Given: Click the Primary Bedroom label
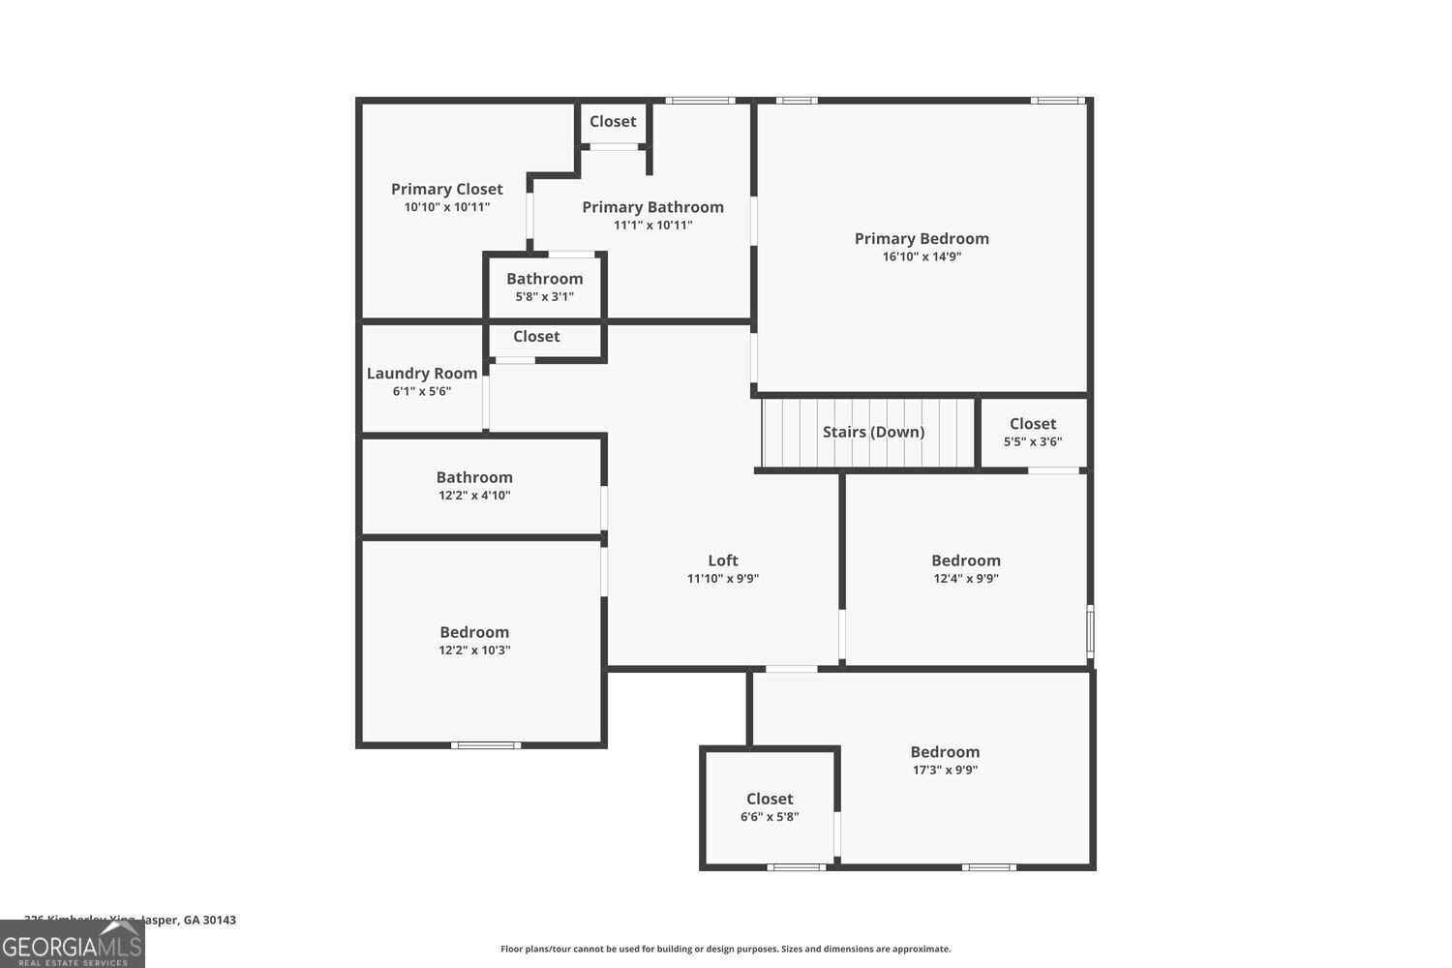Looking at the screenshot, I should (x=922, y=238).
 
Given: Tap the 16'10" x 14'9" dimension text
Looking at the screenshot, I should (x=922, y=257).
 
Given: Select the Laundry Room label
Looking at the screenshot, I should (x=422, y=374).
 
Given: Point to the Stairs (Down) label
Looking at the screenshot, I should (x=873, y=432).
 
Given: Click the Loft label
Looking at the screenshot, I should (x=723, y=560).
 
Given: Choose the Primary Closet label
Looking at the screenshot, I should (x=447, y=189).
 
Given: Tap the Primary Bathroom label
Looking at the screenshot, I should (x=652, y=207).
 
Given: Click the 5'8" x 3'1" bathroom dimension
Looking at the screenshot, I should (x=545, y=296).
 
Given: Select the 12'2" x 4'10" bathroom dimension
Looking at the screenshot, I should (x=474, y=496).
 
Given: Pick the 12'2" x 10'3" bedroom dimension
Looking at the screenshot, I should (x=474, y=650).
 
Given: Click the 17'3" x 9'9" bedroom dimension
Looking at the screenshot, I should (x=945, y=771).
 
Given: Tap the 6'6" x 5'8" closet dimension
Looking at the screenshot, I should (x=770, y=817).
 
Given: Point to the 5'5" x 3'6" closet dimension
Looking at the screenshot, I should (x=1033, y=441).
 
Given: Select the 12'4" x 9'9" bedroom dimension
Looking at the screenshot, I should (x=966, y=579).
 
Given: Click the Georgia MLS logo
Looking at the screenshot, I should (x=72, y=944).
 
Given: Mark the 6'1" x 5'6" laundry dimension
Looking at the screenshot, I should (x=422, y=392).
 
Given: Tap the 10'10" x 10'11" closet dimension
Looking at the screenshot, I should (x=447, y=207).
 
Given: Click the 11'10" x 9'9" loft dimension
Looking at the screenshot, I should (x=723, y=579).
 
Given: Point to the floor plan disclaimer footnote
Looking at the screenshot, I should (x=725, y=950).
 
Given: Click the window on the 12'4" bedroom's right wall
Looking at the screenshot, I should (x=1090, y=631).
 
